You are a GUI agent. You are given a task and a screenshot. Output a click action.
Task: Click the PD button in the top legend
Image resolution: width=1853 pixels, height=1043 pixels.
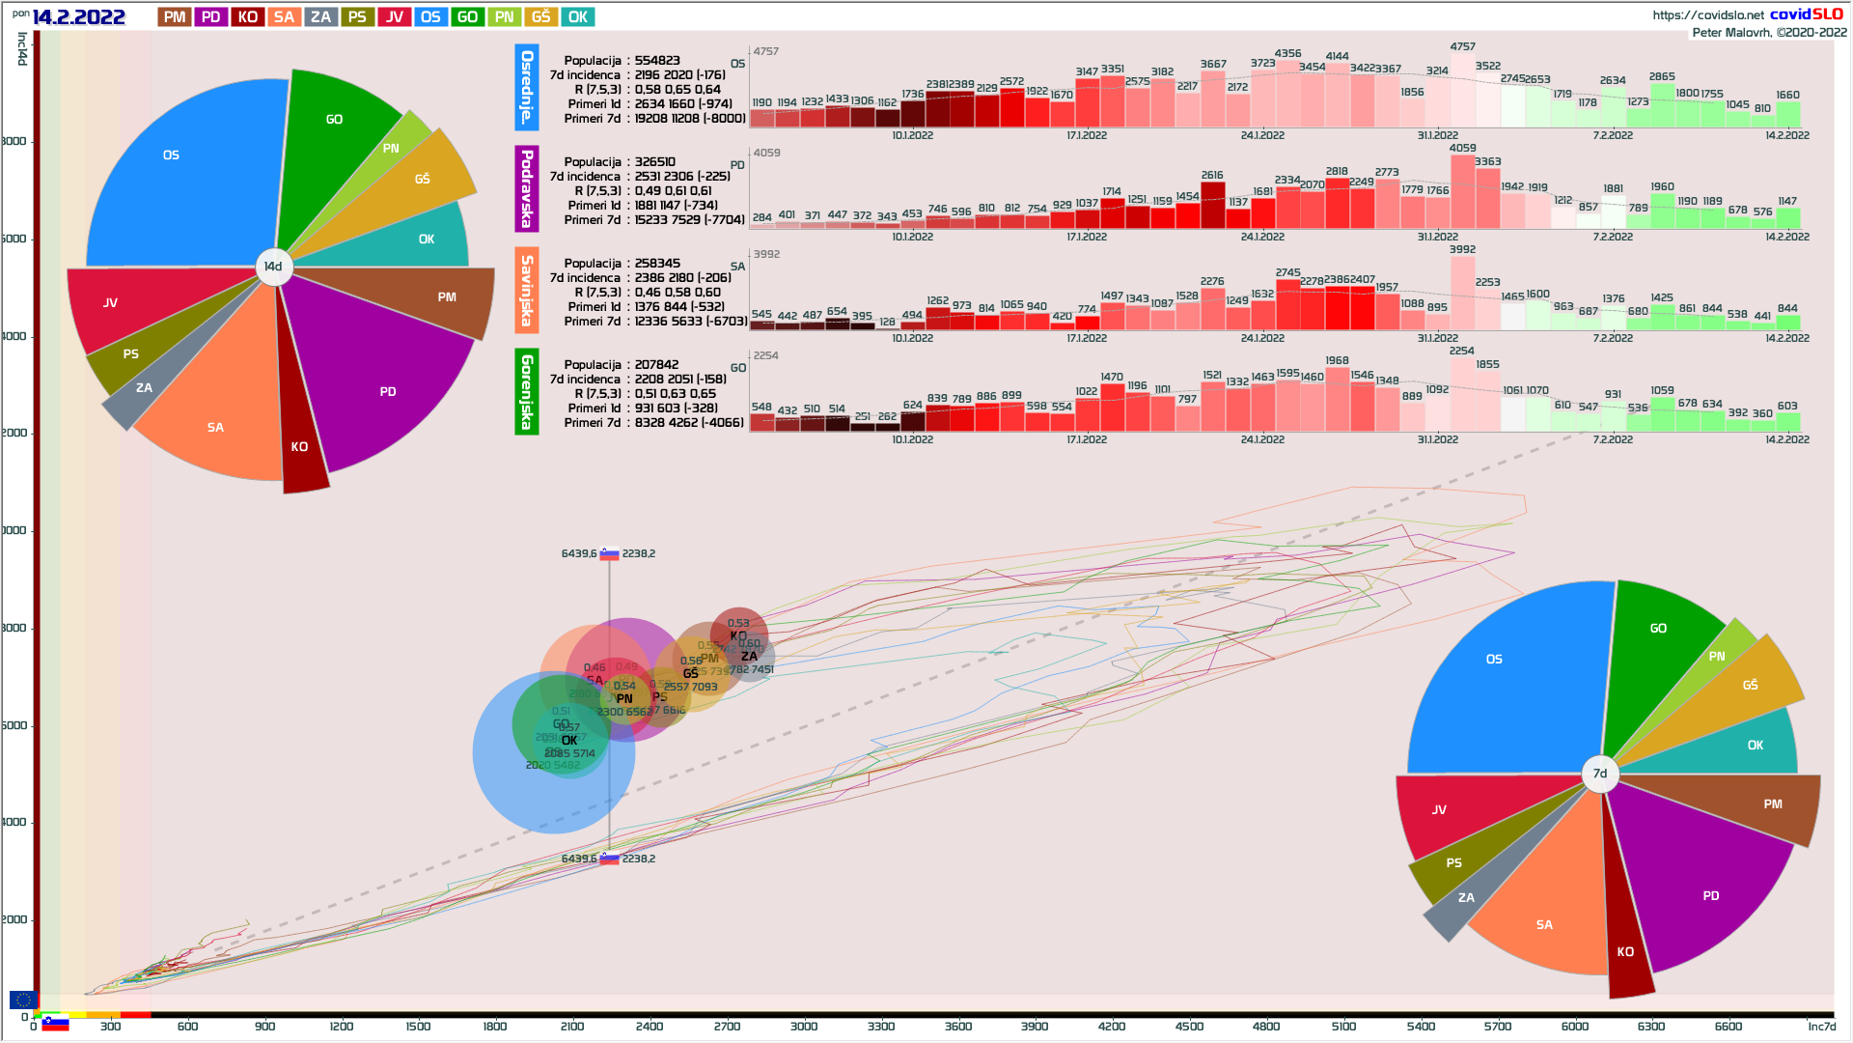coord(210,17)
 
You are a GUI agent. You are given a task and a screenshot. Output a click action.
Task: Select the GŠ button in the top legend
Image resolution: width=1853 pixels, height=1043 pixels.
coord(540,17)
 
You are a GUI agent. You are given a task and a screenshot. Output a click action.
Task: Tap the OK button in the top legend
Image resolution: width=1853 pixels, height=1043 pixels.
coord(577,17)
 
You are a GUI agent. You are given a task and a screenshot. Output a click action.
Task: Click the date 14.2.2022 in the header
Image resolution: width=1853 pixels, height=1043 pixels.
coord(78,17)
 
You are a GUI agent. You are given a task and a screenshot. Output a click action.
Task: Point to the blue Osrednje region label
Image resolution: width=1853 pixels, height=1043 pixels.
coord(527,87)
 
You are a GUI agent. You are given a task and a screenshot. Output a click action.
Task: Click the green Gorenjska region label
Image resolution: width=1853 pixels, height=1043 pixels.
coord(527,391)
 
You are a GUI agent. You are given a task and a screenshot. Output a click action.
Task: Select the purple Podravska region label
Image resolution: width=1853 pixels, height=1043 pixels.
coord(527,188)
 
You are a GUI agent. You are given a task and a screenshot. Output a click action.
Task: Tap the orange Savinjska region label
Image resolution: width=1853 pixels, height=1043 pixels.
coord(527,290)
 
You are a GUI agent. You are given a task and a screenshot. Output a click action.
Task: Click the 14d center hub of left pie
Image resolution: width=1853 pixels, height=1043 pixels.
coord(274,267)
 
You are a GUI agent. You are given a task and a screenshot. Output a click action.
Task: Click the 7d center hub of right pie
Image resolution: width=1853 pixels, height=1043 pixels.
coord(1600,774)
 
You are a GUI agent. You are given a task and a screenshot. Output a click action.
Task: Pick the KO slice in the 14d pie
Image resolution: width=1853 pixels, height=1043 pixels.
coord(300,435)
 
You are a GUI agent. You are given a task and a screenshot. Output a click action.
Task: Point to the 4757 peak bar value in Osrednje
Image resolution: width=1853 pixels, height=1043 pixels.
coord(1462,46)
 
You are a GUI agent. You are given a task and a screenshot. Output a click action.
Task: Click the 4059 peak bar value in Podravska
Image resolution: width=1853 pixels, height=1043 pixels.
coord(1462,148)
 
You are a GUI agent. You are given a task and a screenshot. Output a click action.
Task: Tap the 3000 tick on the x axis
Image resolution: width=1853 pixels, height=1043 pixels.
coord(804,1027)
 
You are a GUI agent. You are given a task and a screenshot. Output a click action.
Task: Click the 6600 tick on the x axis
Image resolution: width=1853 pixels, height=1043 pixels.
coord(1729,1027)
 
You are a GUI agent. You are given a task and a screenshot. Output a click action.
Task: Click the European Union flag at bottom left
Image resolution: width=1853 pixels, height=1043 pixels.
coord(23,1000)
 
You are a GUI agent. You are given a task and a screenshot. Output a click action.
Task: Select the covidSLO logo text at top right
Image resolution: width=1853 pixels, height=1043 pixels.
coord(1806,14)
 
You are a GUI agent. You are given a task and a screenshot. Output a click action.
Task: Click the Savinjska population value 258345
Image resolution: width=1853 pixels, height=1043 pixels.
coord(657,264)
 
